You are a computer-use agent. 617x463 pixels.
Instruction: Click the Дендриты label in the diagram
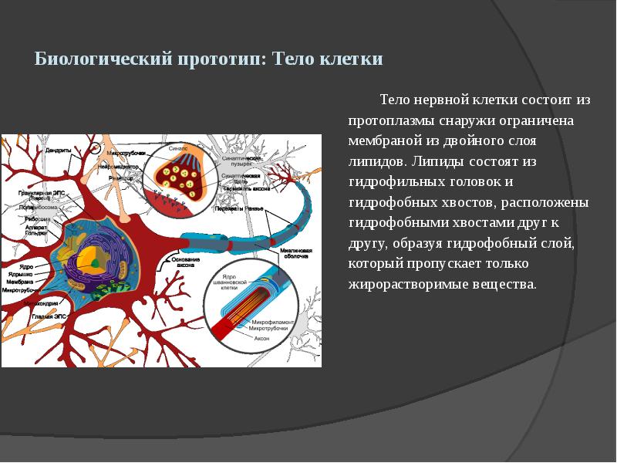[x=59, y=150]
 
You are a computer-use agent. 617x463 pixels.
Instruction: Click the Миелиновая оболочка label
[x=295, y=255]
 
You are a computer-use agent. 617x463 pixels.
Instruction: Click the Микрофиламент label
[x=265, y=321]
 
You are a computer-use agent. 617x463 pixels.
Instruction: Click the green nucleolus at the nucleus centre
[x=93, y=262]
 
